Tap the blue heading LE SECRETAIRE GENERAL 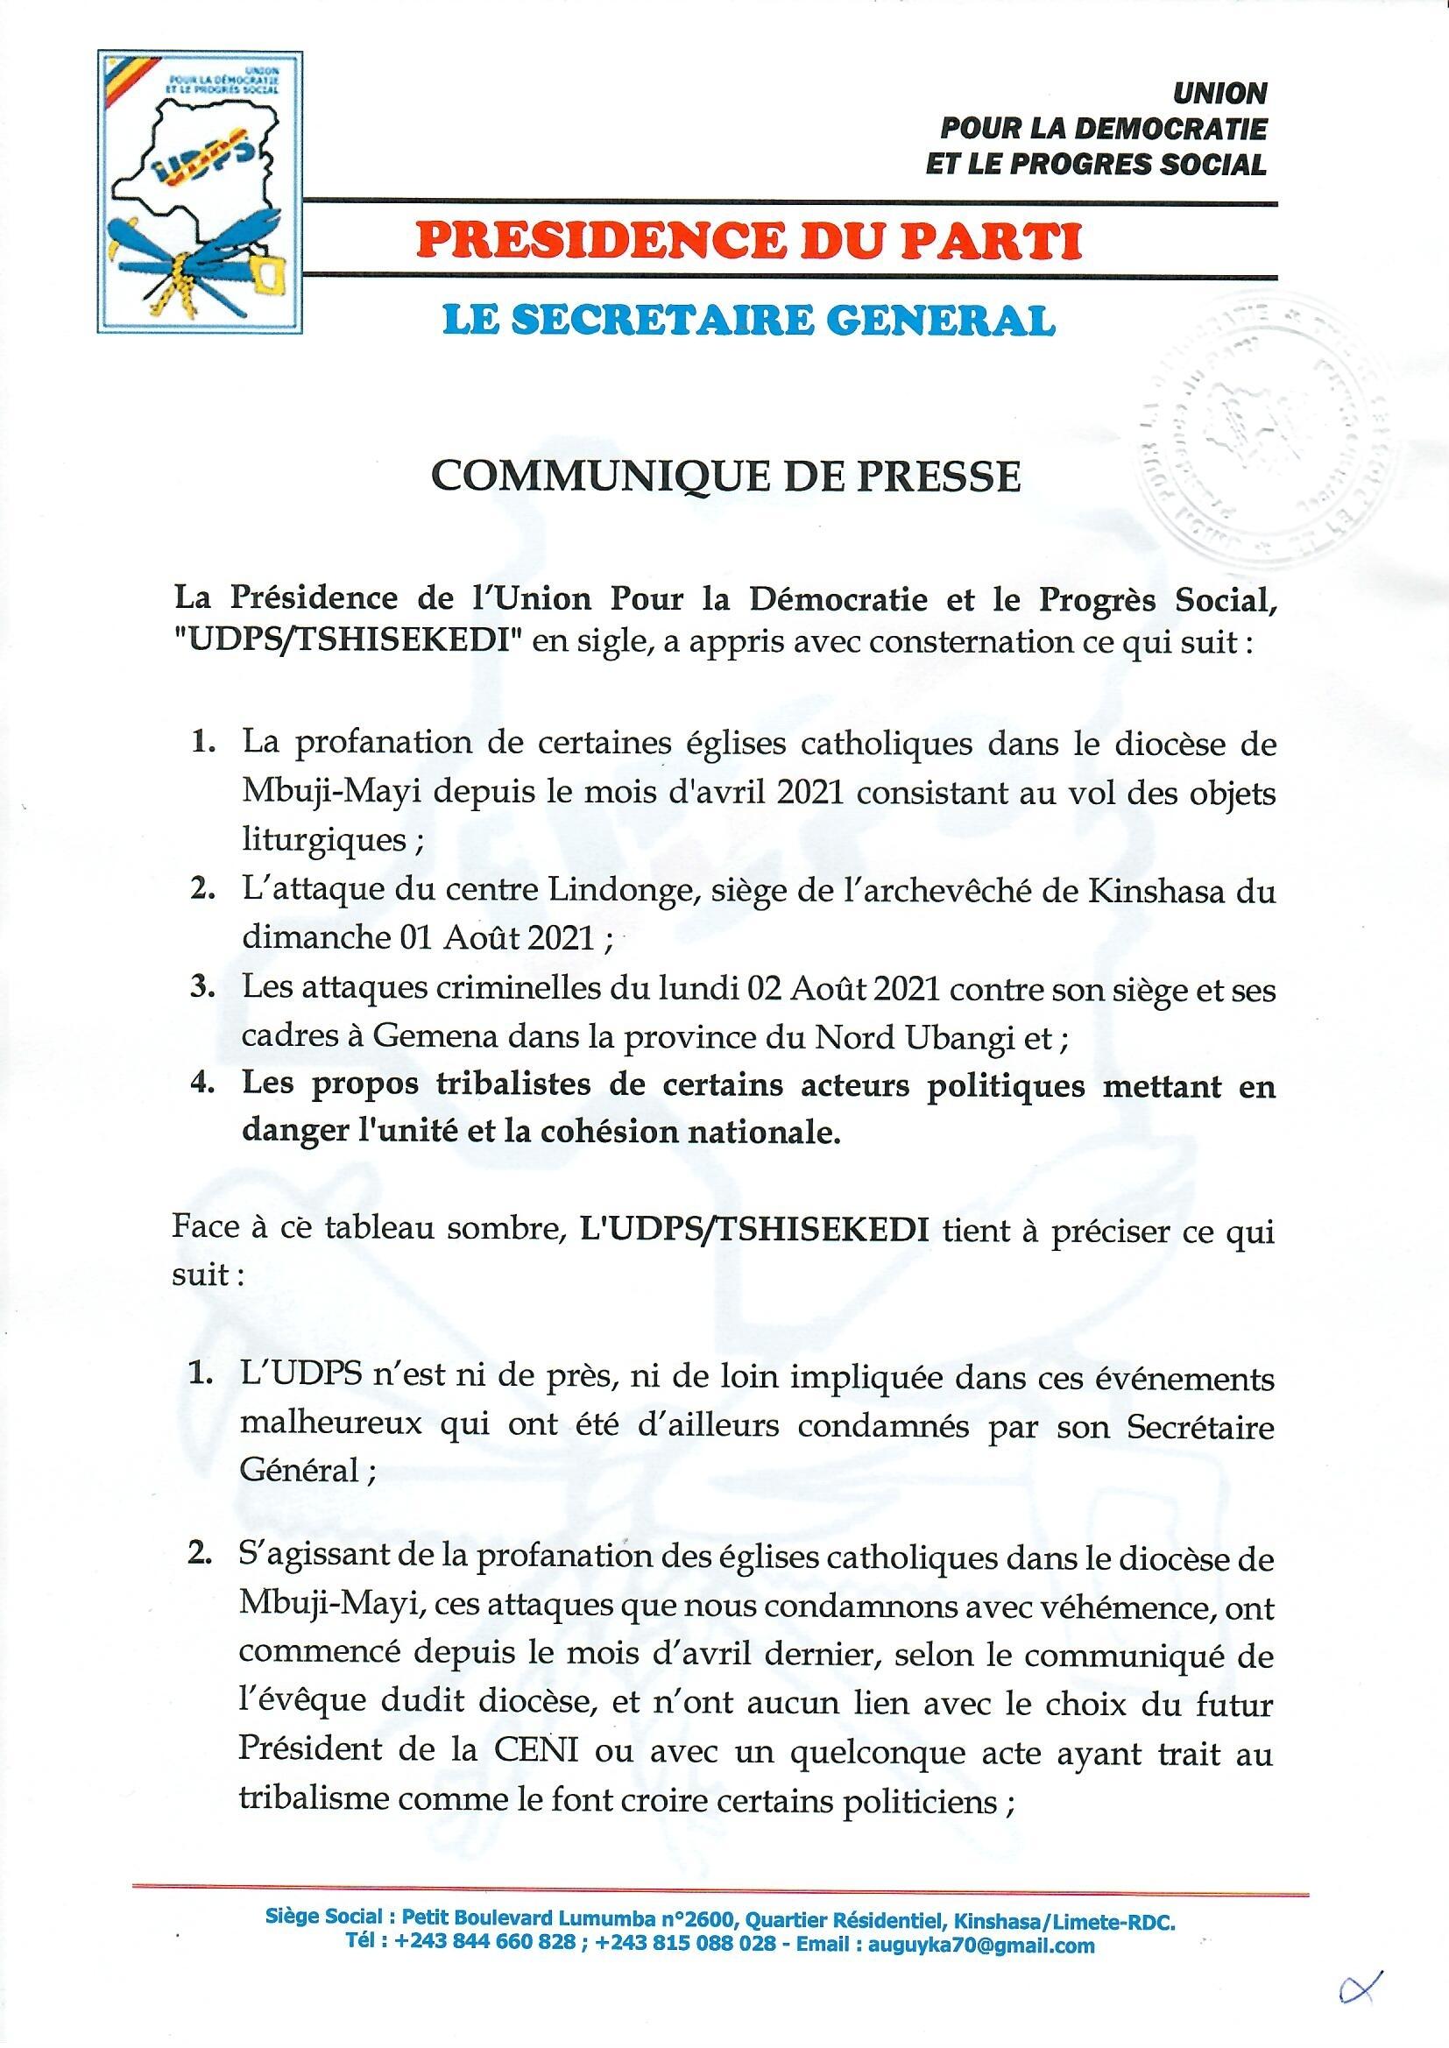pyautogui.click(x=729, y=320)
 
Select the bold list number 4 pyautogui.click(x=200, y=1087)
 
